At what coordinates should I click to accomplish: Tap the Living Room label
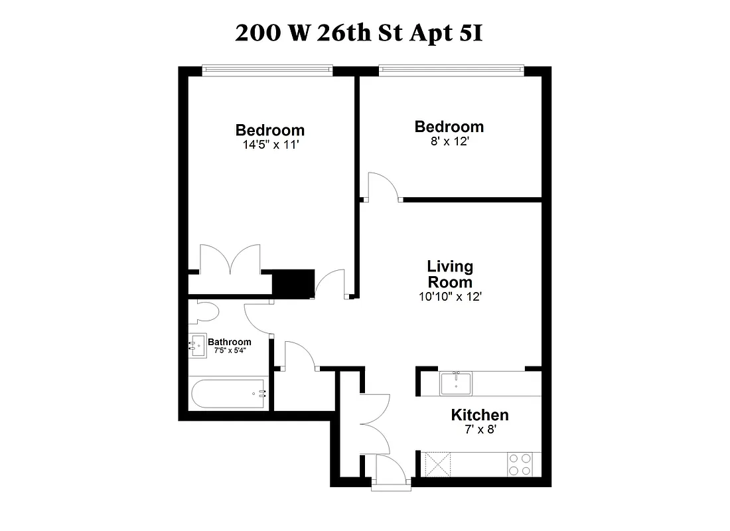coord(450,274)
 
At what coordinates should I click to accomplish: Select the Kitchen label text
coord(480,416)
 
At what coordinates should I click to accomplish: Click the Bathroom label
coord(230,342)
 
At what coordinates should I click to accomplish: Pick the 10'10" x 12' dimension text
coord(450,297)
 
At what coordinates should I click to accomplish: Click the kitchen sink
coord(456,383)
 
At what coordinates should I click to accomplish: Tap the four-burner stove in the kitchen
coord(520,464)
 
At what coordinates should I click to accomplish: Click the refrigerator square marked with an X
coord(437,463)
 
